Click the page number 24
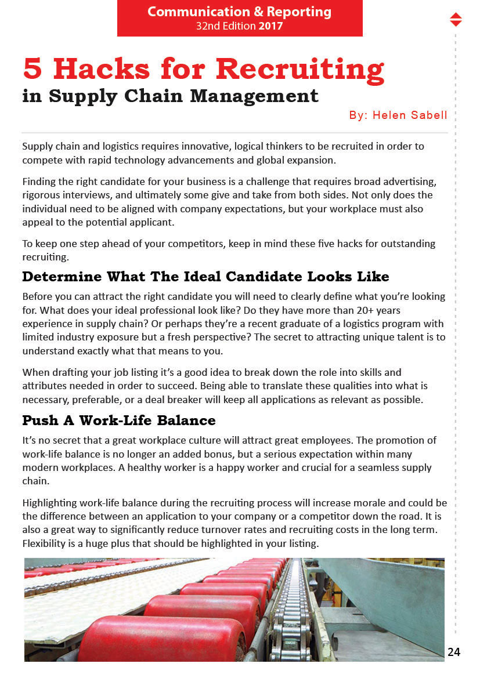coord(454,652)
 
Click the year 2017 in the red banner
coord(270,26)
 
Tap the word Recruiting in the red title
coord(300,69)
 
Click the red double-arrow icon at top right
coord(456,19)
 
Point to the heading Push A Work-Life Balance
coord(118,420)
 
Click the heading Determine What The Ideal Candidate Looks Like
coord(205,276)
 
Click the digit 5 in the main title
coord(33,69)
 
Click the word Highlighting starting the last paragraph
coord(50,503)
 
